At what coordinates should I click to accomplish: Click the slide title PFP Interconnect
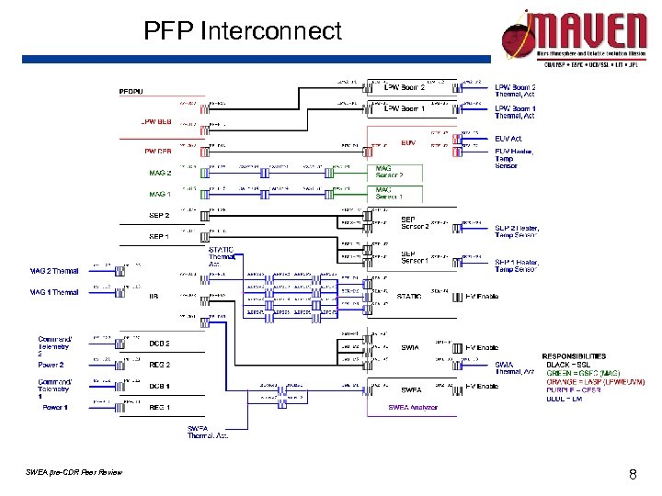pyautogui.click(x=242, y=32)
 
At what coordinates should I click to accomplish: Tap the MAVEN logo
pyautogui.click(x=575, y=37)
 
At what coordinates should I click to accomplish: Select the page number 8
pyautogui.click(x=633, y=475)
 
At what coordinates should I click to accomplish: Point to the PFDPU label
pyautogui.click(x=131, y=91)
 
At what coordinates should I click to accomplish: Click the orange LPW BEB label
pyautogui.click(x=155, y=121)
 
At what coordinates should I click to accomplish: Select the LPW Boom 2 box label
pyautogui.click(x=404, y=87)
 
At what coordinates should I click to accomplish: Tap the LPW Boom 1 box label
pyautogui.click(x=404, y=108)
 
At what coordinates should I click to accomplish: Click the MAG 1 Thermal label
pyautogui.click(x=54, y=292)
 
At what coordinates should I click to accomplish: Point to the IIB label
pyautogui.click(x=154, y=296)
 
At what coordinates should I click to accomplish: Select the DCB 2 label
pyautogui.click(x=159, y=343)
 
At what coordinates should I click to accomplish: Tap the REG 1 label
pyautogui.click(x=159, y=407)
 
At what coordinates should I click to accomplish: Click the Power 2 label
pyautogui.click(x=51, y=365)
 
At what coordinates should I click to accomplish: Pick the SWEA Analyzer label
pyautogui.click(x=413, y=407)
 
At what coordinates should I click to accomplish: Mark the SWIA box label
pyautogui.click(x=411, y=348)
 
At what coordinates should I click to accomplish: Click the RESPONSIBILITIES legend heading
pyautogui.click(x=574, y=355)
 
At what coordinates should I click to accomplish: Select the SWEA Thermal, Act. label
pyautogui.click(x=207, y=432)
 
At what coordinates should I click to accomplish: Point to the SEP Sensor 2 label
pyautogui.click(x=415, y=222)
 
